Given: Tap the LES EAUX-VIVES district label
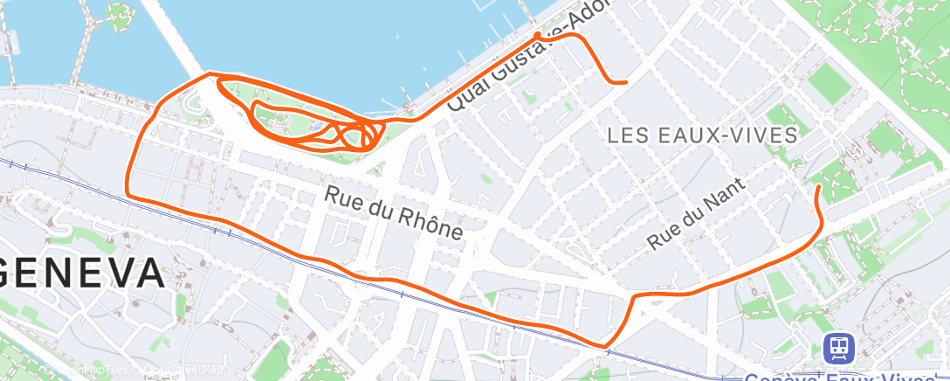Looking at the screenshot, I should coord(702,135).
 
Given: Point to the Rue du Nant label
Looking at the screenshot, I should coord(697,214).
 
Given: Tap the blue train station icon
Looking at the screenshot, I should coord(839,348).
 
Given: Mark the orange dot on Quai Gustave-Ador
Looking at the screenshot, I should coord(537,36).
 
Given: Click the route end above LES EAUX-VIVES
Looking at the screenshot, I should coord(625,82).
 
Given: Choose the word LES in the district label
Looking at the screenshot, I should coord(625,135).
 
